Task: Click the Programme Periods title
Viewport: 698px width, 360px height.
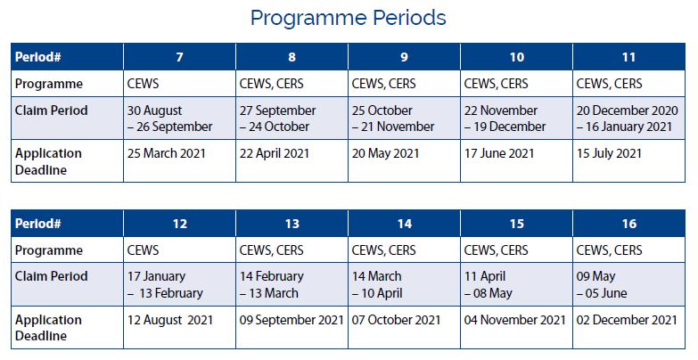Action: (349, 18)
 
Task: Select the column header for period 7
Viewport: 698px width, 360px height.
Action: (179, 57)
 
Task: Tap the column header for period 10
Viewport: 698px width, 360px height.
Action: (516, 57)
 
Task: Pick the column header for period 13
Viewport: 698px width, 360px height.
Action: (292, 224)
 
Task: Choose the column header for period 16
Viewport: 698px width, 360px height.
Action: (629, 224)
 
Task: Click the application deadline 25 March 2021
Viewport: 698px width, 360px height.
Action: (167, 153)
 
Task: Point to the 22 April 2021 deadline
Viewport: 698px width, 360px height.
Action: (275, 153)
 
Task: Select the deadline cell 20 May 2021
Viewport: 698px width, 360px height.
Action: (385, 153)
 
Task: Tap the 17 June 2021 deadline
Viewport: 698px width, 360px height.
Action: (499, 153)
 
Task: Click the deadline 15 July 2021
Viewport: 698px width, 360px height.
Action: (609, 153)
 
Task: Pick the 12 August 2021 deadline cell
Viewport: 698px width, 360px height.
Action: (170, 320)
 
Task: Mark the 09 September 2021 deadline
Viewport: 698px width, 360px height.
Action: (292, 320)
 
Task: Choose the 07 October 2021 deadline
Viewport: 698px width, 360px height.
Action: (396, 320)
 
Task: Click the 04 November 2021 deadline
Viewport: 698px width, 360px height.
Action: (514, 320)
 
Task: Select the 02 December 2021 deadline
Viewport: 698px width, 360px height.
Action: (627, 320)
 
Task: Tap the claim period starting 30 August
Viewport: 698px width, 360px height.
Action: (170, 119)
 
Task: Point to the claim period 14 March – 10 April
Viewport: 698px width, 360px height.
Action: (377, 285)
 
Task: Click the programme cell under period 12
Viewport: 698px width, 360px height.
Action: (143, 250)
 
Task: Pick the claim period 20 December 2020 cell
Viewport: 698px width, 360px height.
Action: (628, 119)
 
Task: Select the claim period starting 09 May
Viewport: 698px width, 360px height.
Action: (602, 285)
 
